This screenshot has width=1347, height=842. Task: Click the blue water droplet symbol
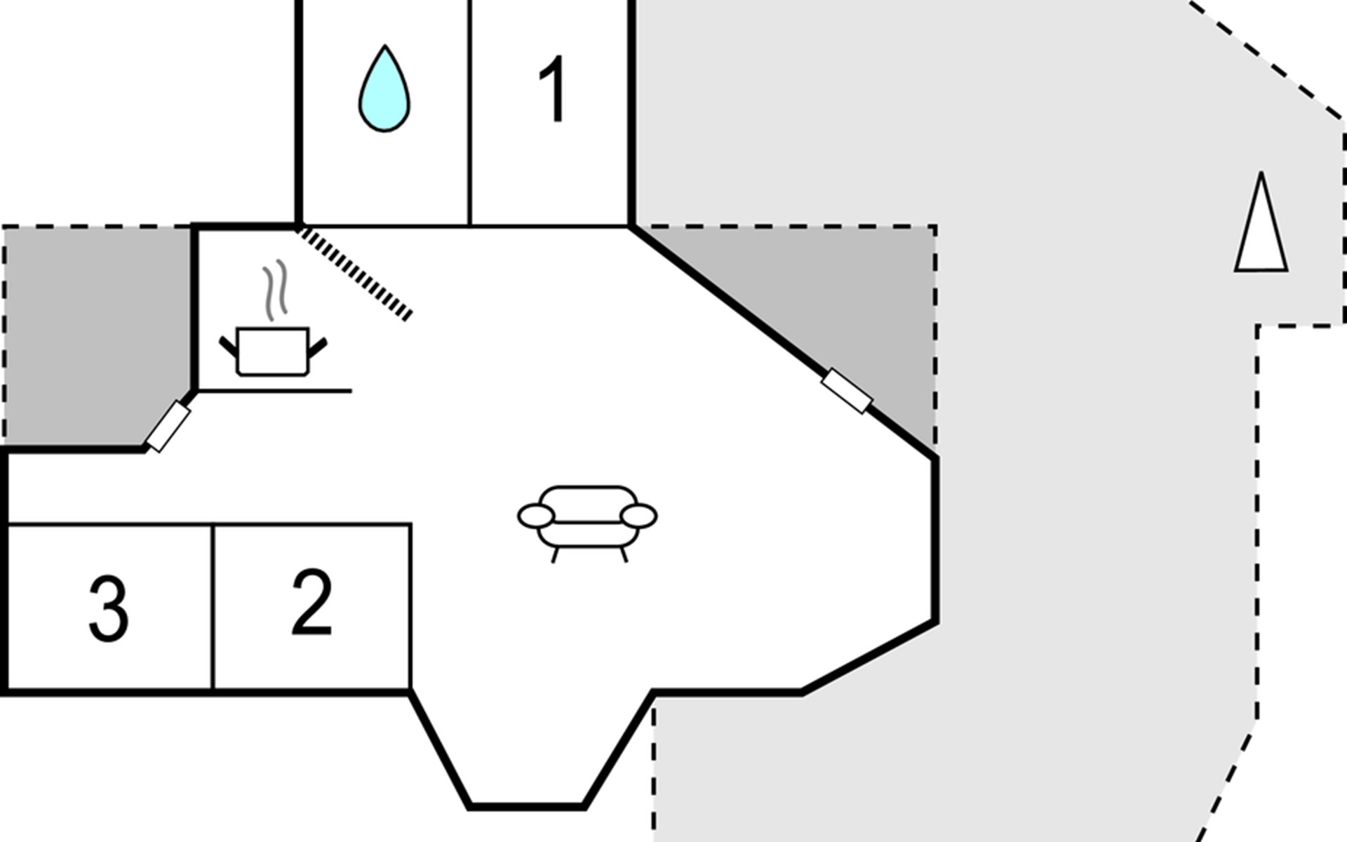(x=384, y=90)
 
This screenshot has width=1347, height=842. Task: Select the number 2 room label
(x=311, y=602)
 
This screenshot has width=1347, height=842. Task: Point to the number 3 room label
(x=109, y=608)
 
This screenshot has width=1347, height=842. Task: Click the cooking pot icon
(x=273, y=351)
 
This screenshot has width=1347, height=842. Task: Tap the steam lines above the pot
(x=276, y=290)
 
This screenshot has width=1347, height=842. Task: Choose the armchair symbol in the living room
(x=587, y=523)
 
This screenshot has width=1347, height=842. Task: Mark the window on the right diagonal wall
(x=847, y=391)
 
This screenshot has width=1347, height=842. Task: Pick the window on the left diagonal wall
(x=168, y=427)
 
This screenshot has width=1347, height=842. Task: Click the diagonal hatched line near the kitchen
(x=355, y=273)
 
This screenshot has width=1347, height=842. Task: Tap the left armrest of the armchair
(x=536, y=516)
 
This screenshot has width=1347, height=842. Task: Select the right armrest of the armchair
(x=638, y=516)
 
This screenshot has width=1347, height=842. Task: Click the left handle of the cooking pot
(x=229, y=347)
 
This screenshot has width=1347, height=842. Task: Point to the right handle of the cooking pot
(x=318, y=347)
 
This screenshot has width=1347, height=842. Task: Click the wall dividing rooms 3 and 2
(x=213, y=608)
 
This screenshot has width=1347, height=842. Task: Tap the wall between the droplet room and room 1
(x=469, y=112)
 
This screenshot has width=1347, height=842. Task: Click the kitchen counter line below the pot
(x=274, y=391)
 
